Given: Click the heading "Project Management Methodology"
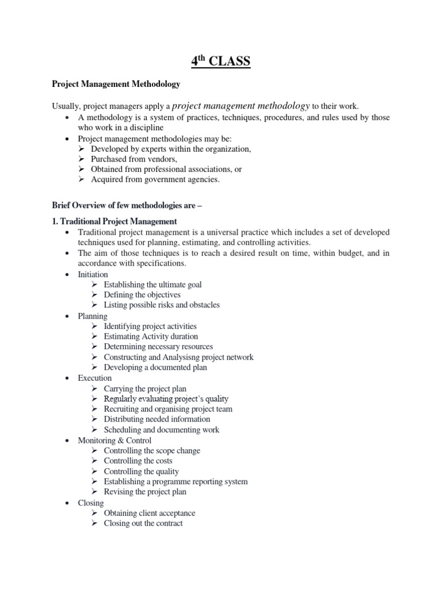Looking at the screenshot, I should [x=116, y=84].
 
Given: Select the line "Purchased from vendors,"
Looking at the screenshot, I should [x=134, y=159].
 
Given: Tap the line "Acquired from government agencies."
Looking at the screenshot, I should [x=155, y=179].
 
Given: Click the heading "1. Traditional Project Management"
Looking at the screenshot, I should [x=115, y=221].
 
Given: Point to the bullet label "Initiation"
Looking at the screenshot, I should [x=93, y=274].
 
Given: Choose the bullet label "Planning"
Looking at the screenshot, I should [x=93, y=316].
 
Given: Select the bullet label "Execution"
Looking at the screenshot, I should [x=95, y=378].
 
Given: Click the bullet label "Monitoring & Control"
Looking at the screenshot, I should [x=115, y=440].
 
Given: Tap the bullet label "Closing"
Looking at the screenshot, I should [x=91, y=503].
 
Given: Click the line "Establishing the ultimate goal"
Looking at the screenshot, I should [x=153, y=285].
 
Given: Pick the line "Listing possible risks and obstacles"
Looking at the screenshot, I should [x=162, y=305].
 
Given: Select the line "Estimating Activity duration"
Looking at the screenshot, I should [x=151, y=336].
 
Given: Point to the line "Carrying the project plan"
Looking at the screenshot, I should [x=145, y=389].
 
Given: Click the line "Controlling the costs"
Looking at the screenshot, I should [x=138, y=461].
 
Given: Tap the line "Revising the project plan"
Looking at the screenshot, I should [x=145, y=492].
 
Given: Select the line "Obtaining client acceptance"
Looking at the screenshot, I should [x=150, y=513].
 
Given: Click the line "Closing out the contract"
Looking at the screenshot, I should [x=143, y=523].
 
